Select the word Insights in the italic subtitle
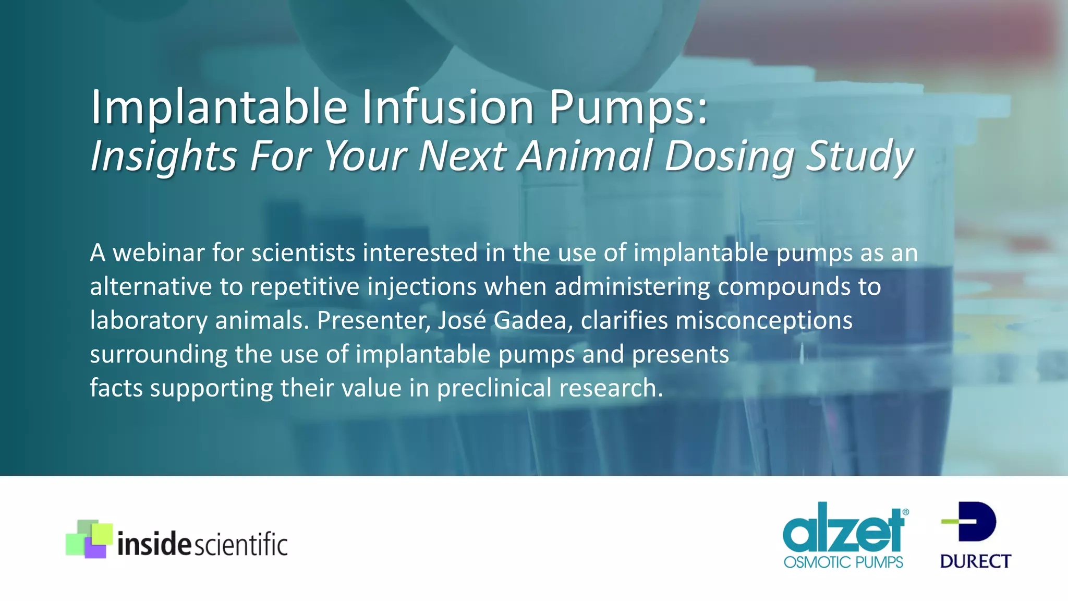tap(164, 155)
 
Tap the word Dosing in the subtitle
tap(730, 155)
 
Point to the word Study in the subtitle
tap(859, 155)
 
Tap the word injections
tap(422, 286)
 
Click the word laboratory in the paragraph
tap(149, 320)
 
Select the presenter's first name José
tap(462, 320)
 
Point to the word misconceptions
tap(764, 320)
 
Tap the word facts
tap(116, 388)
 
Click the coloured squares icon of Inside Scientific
tap(89, 539)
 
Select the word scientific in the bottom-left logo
tap(240, 545)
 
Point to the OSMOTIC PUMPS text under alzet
tap(843, 562)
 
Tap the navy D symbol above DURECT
tap(972, 521)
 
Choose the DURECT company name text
tap(975, 561)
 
